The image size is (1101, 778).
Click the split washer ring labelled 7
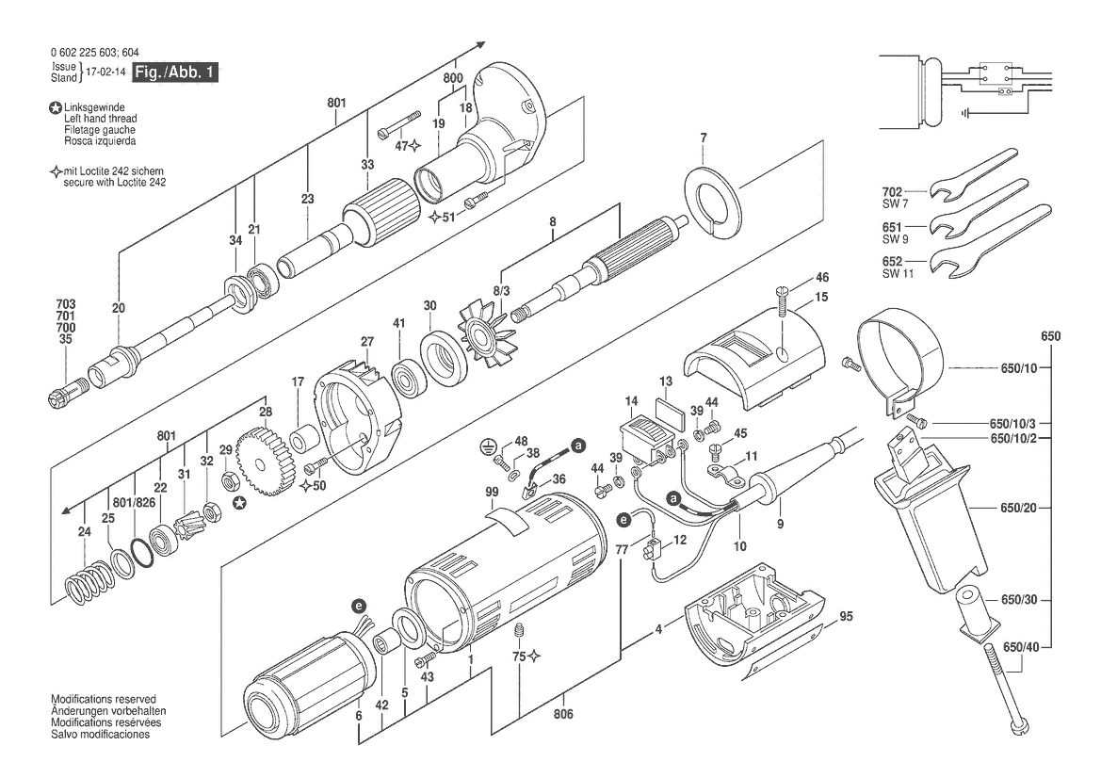[713, 202]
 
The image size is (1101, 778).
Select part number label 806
[562, 714]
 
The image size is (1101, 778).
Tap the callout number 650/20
[1019, 508]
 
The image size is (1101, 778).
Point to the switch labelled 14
[647, 442]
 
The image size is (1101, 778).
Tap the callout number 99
[492, 493]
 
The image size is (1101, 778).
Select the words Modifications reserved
[104, 700]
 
